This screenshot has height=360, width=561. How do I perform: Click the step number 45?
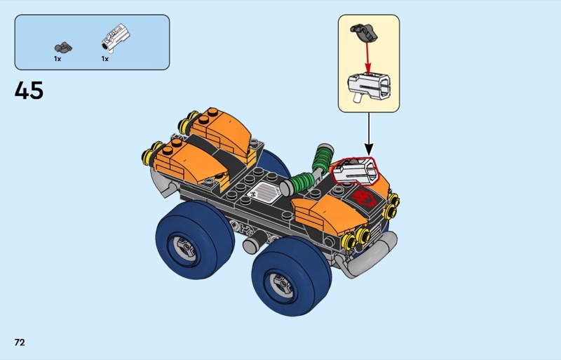tap(29, 91)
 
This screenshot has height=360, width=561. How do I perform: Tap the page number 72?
tap(20, 342)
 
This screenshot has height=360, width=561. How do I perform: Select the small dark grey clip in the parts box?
tap(63, 47)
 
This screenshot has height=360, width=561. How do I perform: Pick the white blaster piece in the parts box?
tap(116, 37)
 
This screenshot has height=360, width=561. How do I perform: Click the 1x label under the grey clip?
tap(58, 59)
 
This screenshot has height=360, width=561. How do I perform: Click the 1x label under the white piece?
tap(104, 59)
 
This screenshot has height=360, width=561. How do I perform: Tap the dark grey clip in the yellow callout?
tap(364, 32)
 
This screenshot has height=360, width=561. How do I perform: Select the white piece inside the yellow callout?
tap(369, 87)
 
